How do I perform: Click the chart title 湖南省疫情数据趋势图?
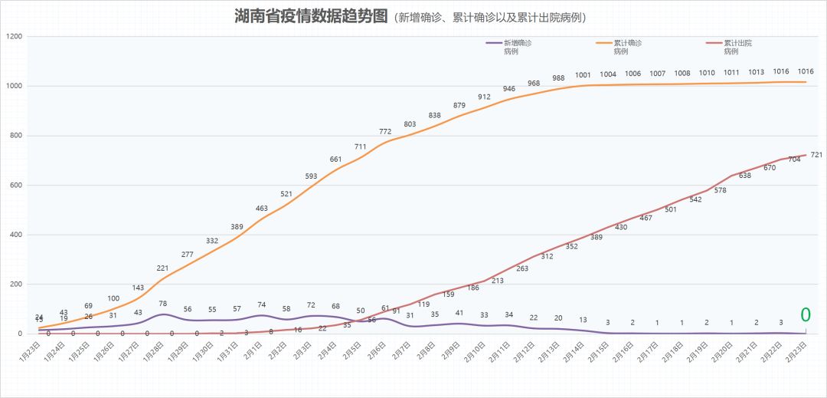tap(312, 17)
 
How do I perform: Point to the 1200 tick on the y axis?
tap(13, 37)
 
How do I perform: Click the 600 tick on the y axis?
tap(15, 186)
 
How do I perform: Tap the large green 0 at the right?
tap(806, 314)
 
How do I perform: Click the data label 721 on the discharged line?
tap(816, 155)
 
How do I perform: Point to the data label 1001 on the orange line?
tap(583, 75)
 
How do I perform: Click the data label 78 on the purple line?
tap(162, 304)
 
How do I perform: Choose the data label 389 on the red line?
tap(596, 237)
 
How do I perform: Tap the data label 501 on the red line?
tap(671, 209)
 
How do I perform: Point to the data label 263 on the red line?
tap(522, 268)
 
